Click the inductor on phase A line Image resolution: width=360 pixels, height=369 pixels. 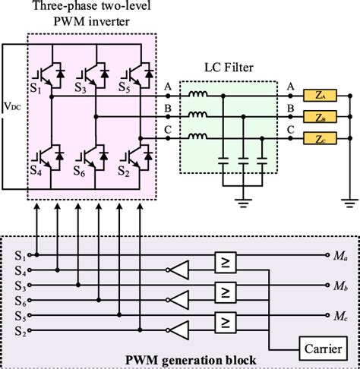[x=198, y=96]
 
